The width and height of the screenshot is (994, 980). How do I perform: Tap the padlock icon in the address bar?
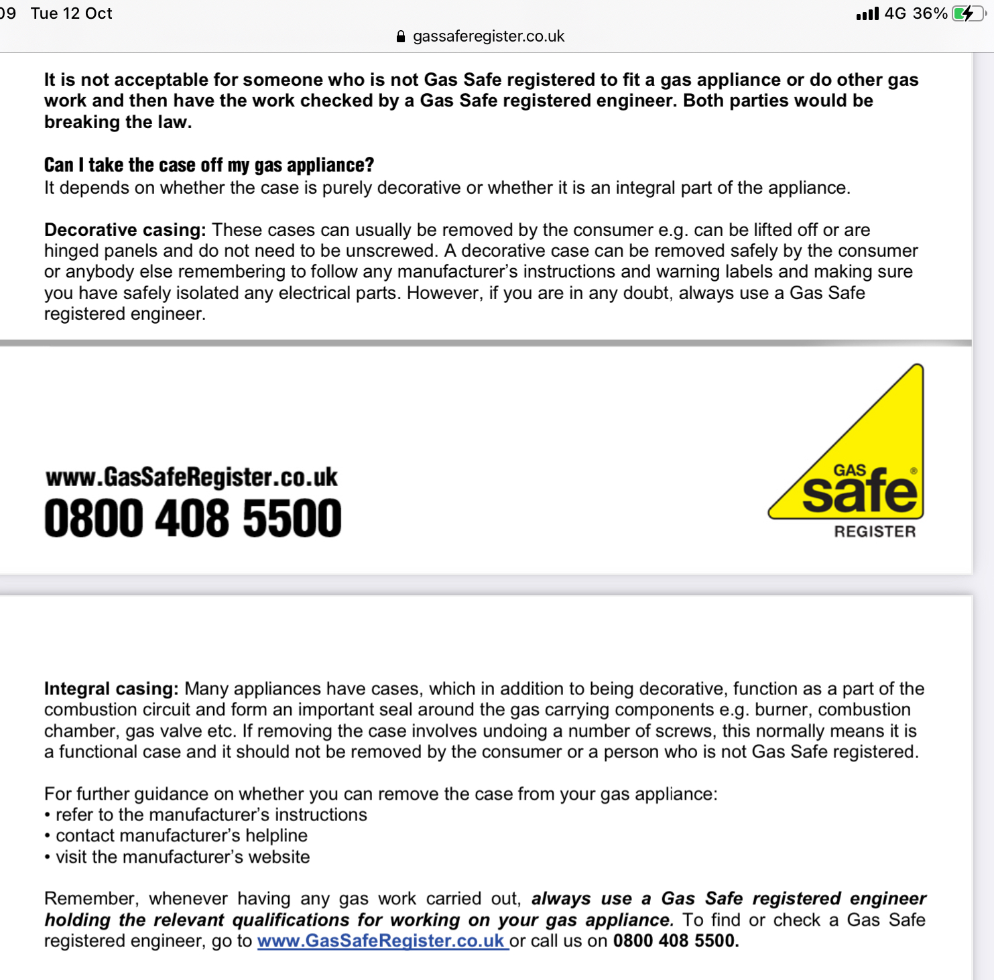[401, 37]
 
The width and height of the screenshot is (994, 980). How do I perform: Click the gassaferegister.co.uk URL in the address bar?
[489, 36]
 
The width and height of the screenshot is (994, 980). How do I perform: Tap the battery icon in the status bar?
[968, 13]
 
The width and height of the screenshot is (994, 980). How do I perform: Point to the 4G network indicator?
[895, 13]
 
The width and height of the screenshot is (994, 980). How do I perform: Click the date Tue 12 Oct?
[72, 13]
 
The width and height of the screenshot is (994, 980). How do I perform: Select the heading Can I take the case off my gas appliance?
[208, 165]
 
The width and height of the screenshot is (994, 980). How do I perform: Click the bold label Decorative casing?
[125, 230]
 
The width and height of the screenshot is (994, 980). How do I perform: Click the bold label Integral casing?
[111, 688]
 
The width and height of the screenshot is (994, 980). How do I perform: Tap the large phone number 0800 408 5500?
[193, 518]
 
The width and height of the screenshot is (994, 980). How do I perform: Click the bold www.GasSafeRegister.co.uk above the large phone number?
[192, 477]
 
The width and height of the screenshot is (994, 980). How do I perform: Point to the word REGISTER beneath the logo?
[875, 532]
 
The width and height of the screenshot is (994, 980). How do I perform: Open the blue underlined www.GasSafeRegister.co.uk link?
[381, 940]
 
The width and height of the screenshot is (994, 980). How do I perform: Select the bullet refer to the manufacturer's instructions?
[211, 814]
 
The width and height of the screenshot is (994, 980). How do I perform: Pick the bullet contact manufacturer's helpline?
[181, 835]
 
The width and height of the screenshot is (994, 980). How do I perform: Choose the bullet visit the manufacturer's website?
[182, 857]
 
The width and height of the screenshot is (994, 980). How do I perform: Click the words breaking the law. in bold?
[118, 122]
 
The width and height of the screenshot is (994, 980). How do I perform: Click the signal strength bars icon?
[867, 14]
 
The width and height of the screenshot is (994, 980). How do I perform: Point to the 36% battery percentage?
[930, 13]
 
